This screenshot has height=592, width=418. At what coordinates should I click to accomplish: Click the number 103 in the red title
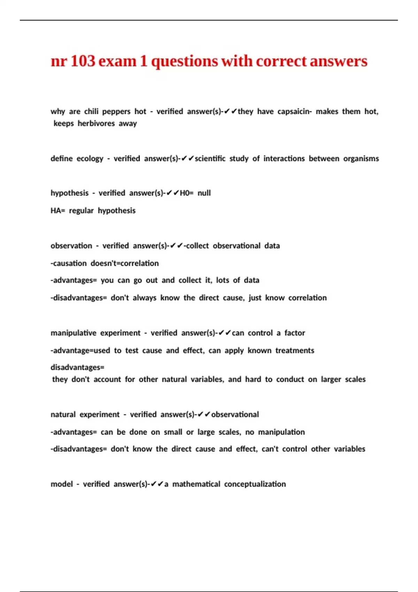point(83,61)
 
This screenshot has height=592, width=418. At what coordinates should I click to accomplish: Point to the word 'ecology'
point(90,159)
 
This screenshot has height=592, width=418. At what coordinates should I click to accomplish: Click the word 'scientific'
point(210,159)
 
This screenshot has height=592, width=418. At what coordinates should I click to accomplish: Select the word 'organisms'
point(361,159)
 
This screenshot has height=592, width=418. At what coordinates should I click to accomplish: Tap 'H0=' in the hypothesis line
point(186,193)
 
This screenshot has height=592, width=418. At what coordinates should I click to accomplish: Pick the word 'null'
point(204,193)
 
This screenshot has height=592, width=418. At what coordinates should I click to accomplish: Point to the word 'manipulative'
point(73,333)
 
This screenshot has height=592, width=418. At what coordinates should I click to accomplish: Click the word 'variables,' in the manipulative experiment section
point(207,379)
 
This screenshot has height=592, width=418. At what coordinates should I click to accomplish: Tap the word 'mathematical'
point(196,484)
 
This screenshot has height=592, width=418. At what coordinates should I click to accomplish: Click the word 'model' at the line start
point(62,484)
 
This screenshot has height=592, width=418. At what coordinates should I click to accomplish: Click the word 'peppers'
point(116,112)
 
